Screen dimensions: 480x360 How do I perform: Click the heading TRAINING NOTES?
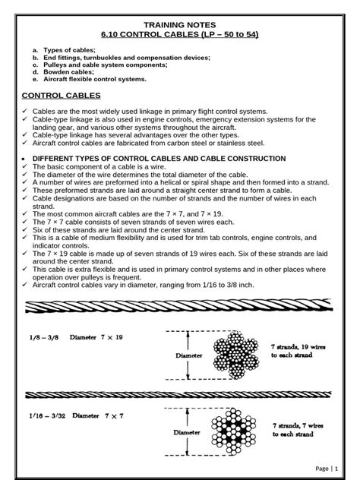point(180,24)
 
